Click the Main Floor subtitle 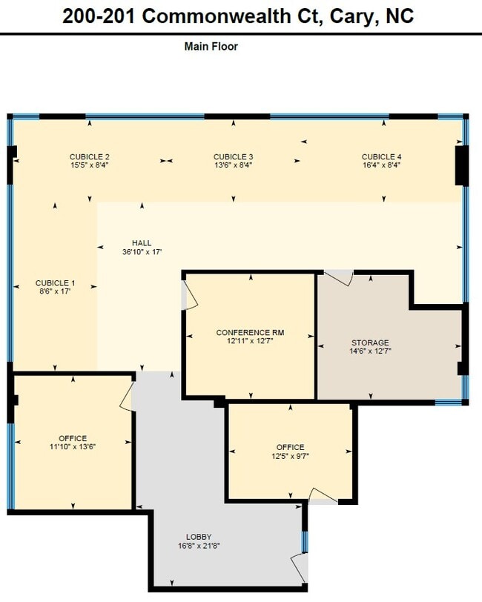click(211, 47)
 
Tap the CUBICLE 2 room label click(90, 156)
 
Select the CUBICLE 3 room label click(233, 156)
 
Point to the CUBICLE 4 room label click(381, 156)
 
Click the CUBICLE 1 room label click(55, 283)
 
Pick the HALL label click(142, 243)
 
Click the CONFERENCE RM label click(250, 332)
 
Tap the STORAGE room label click(370, 343)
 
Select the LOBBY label click(199, 537)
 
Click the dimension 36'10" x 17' click(142, 252)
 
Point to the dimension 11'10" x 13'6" click(73, 446)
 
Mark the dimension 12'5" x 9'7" click(291, 456)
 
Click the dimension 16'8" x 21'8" click(199, 546)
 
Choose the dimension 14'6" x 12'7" click(370, 351)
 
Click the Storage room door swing click(339, 277)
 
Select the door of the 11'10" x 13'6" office click(127, 396)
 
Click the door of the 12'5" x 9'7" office click(323, 495)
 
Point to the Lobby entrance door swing click(299, 568)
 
